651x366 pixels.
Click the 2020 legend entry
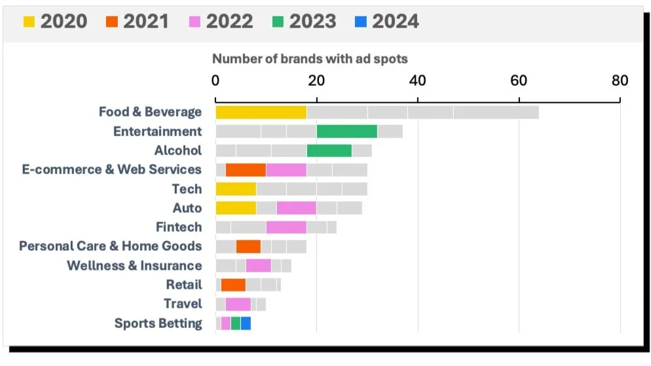[x=55, y=21]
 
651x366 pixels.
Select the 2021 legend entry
[x=137, y=21]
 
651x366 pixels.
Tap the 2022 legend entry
[x=221, y=21]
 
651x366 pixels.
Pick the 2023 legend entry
[x=304, y=21]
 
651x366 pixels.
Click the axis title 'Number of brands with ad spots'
[x=310, y=59]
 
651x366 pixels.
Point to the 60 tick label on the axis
[x=519, y=81]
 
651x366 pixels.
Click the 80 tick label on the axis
[x=620, y=81]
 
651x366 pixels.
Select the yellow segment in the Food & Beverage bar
[x=261, y=112]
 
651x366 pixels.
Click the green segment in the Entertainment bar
[x=346, y=132]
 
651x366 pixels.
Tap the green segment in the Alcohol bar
[x=329, y=151]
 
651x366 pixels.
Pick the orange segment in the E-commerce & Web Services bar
[x=246, y=170]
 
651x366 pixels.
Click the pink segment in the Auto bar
[x=296, y=208]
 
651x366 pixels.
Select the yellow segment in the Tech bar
[x=236, y=189]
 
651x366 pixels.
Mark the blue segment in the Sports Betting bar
[x=246, y=323]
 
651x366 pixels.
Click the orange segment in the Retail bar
[x=233, y=285]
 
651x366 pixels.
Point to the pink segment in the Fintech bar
[x=286, y=227]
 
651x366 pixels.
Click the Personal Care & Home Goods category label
[x=110, y=246]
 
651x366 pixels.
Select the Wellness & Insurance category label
[x=134, y=266]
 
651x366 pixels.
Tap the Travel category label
[x=183, y=304]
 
